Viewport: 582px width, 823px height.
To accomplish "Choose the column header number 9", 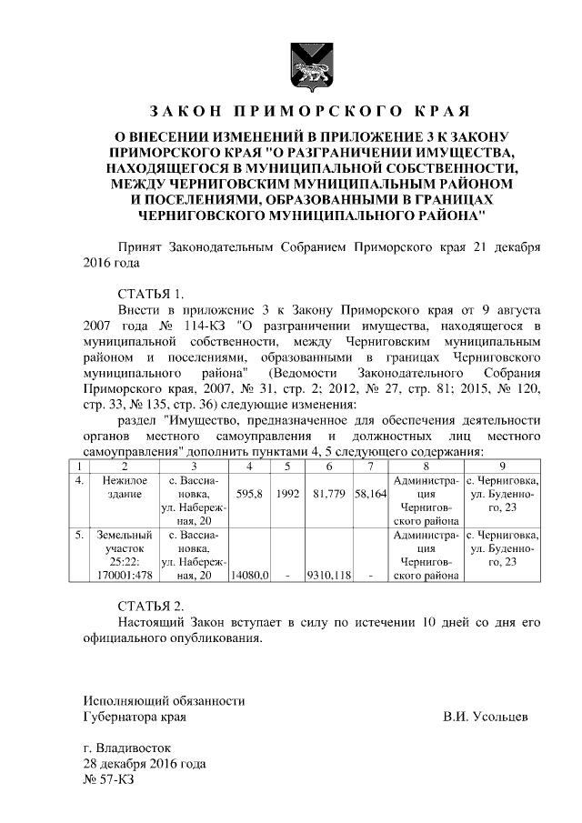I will [503, 465].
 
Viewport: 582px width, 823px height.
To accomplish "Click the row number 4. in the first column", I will [80, 479].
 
